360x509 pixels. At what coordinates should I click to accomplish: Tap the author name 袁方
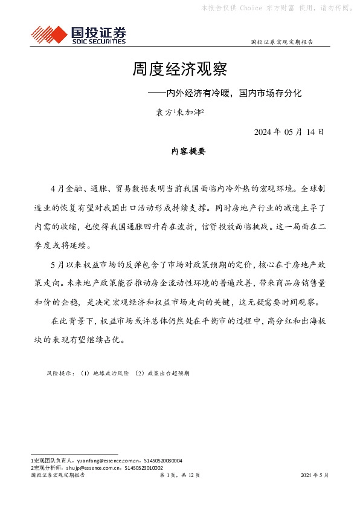[x=164, y=112]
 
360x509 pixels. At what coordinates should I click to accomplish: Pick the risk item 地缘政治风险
[x=110, y=374]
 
